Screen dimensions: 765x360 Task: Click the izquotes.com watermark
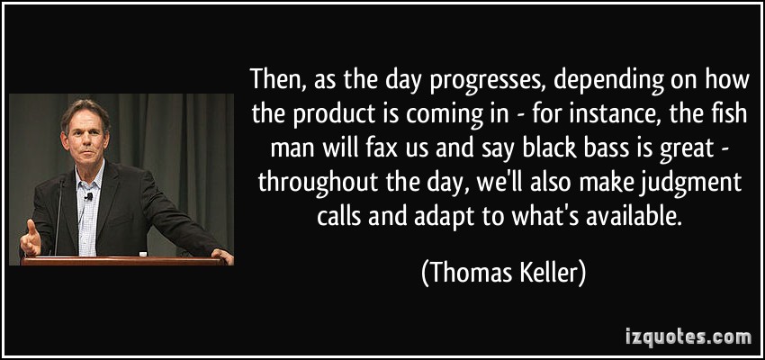pos(688,337)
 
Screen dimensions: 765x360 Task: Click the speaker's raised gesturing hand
pos(31,238)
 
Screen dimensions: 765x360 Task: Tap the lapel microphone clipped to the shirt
pos(89,196)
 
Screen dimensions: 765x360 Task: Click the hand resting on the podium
pos(222,255)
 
